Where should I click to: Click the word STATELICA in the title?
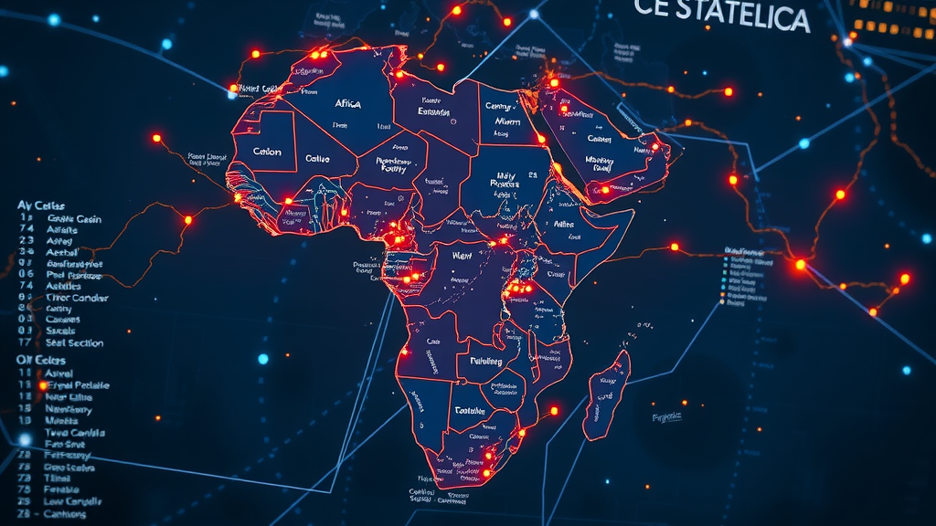click(743, 17)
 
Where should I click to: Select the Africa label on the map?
click(348, 104)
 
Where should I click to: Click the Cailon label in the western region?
click(267, 152)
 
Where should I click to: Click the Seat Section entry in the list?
click(74, 343)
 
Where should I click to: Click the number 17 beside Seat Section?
click(25, 343)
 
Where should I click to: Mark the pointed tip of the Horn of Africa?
click(632, 213)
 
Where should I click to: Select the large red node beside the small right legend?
click(801, 264)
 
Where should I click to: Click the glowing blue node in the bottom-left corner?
click(25, 439)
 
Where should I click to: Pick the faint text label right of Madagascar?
click(667, 417)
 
